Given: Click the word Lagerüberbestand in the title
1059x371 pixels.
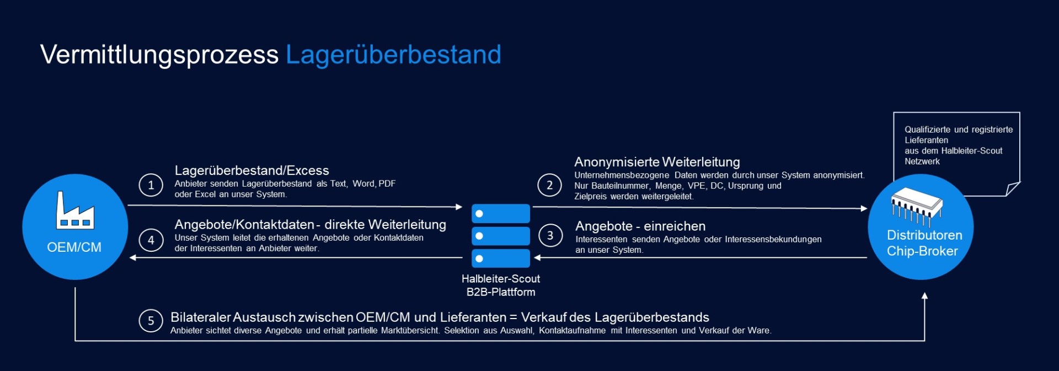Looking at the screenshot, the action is (393, 55).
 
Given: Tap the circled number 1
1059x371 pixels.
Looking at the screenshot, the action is (151, 185).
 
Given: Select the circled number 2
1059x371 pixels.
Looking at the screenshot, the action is (549, 185).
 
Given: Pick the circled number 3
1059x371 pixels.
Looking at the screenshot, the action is (550, 235).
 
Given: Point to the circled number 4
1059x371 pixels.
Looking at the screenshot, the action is (151, 240).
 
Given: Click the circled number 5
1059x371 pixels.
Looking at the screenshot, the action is (151, 321).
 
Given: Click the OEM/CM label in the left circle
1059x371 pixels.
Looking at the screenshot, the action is (74, 247).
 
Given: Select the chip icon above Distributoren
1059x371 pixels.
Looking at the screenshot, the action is (917, 205).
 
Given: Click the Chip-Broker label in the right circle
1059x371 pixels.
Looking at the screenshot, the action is (922, 251).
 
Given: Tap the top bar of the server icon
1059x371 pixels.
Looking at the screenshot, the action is (501, 214).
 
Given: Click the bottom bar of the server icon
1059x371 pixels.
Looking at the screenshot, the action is (501, 258).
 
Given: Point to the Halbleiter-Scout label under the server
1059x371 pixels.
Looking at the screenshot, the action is (501, 279).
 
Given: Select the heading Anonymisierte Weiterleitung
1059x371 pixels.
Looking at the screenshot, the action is (657, 162).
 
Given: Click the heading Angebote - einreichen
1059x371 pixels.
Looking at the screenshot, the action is (640, 226).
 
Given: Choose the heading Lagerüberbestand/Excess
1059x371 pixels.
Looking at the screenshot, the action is (252, 171).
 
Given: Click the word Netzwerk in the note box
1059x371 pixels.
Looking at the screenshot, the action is (922, 162).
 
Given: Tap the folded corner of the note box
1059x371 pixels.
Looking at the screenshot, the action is (1013, 189).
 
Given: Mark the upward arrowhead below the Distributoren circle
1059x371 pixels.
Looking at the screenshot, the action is (924, 296).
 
